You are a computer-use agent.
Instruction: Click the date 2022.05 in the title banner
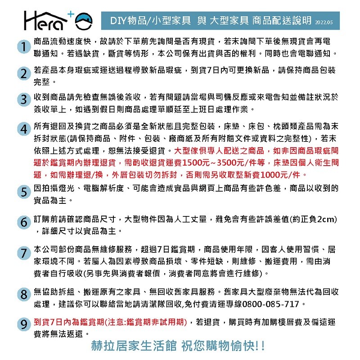coord(324,21)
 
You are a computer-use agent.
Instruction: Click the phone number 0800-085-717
coord(271,304)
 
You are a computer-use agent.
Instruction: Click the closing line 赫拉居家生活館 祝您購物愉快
coord(178,347)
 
